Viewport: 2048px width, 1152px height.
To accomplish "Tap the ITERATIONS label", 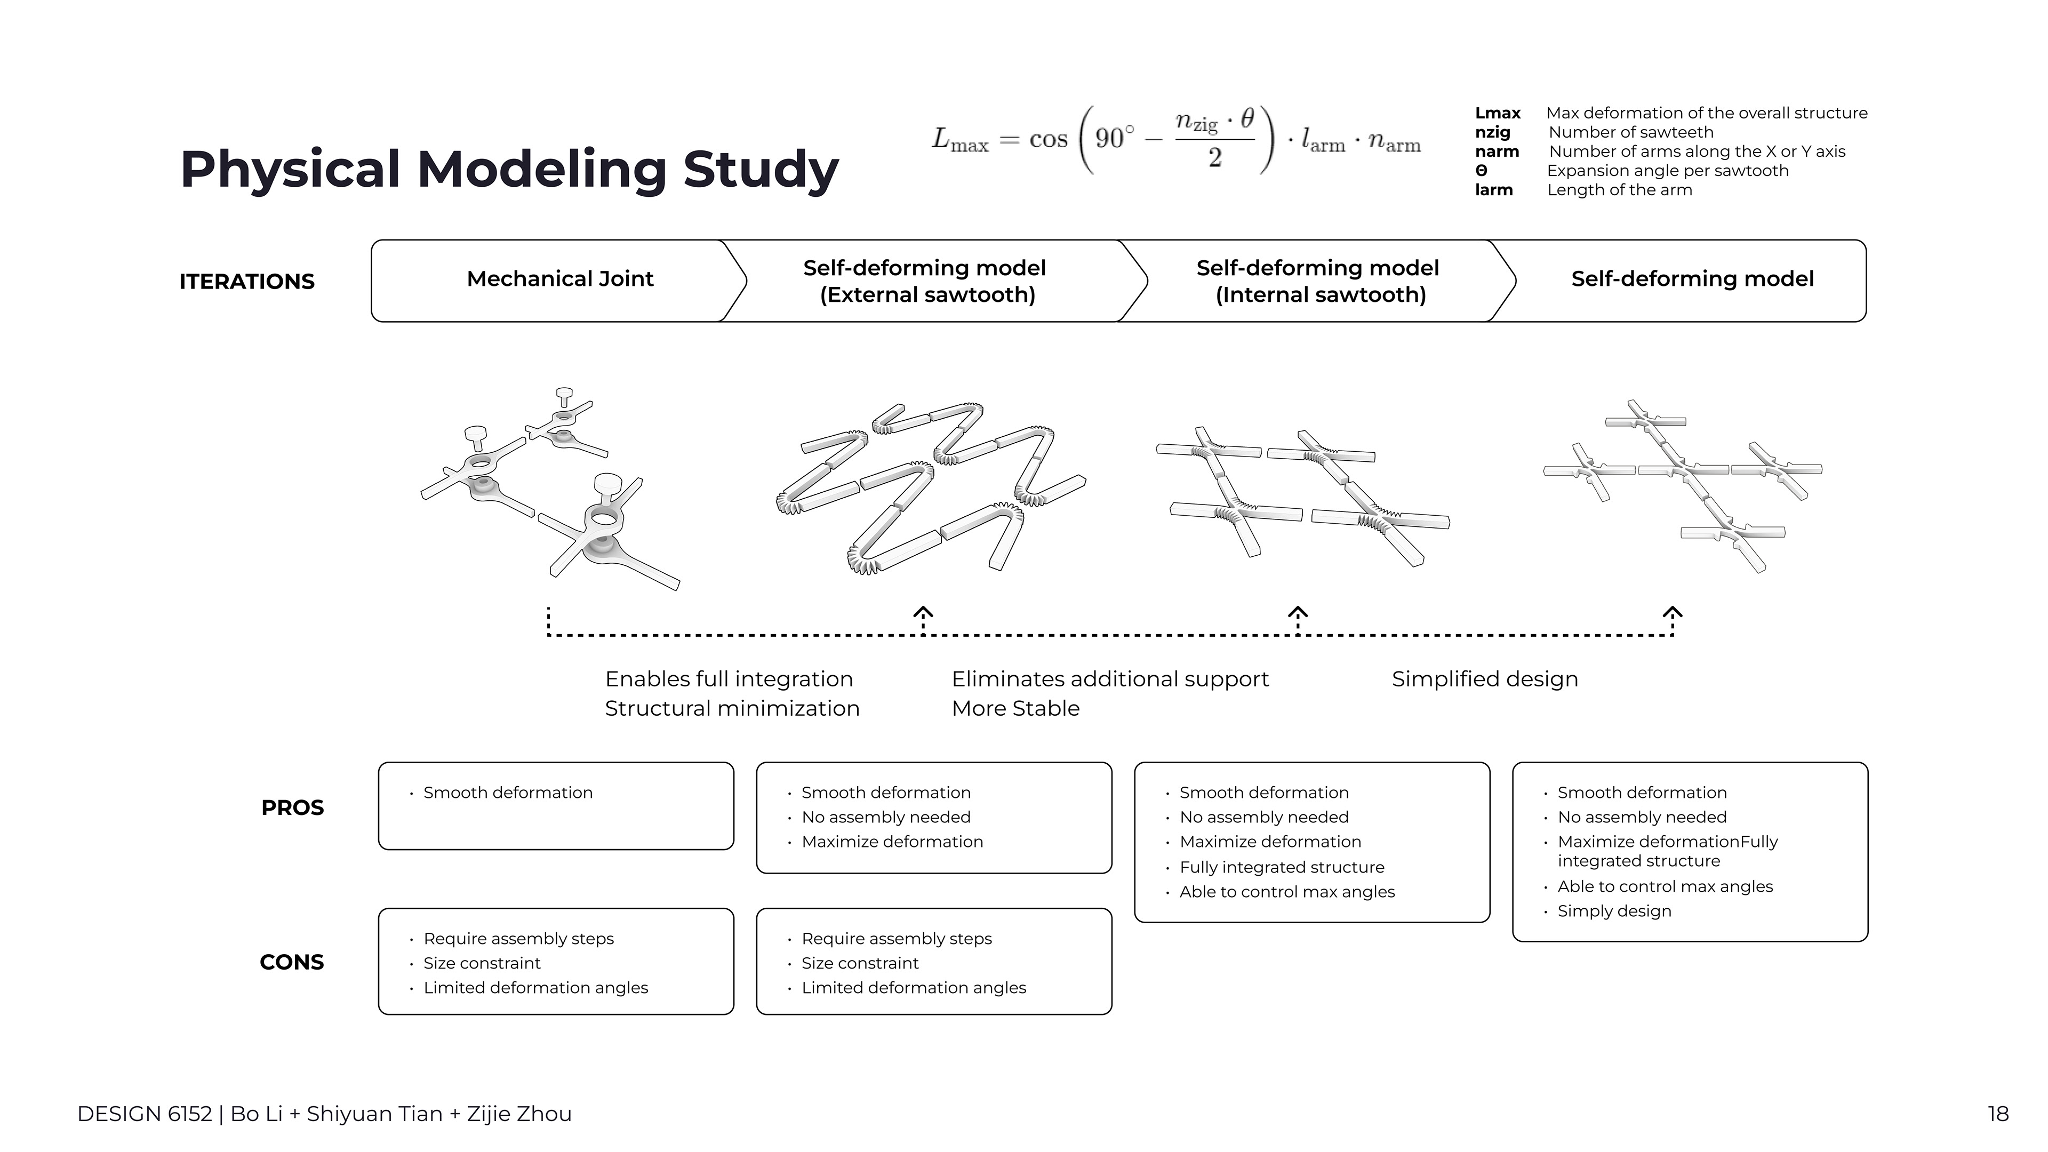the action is pos(247,282).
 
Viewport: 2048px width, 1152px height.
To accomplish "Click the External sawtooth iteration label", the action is pos(925,282).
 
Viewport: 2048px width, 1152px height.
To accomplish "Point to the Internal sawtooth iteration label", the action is pos(1318,282).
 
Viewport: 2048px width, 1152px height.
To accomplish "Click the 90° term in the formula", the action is pos(1115,138).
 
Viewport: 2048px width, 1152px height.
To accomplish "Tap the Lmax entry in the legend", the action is pos(1498,114).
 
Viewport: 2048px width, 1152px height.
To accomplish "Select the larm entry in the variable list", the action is pos(1494,190).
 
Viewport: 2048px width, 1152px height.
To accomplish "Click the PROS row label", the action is pos(293,808).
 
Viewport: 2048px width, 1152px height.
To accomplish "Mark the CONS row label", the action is pos(292,962).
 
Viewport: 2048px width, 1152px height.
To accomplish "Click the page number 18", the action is pos(1998,1114).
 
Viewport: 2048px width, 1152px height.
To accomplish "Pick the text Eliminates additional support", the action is pos(1110,679).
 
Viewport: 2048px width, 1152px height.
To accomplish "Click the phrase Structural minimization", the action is pos(732,708).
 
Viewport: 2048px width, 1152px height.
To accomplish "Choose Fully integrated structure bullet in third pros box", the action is pos(1282,867).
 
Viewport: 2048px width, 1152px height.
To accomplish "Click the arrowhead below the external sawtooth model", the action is pos(923,613).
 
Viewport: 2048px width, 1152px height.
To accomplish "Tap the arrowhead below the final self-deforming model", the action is pos(1673,613).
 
